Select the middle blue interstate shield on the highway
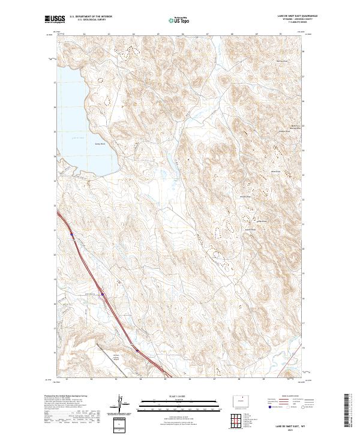(103, 294)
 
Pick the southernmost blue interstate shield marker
(137, 350)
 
